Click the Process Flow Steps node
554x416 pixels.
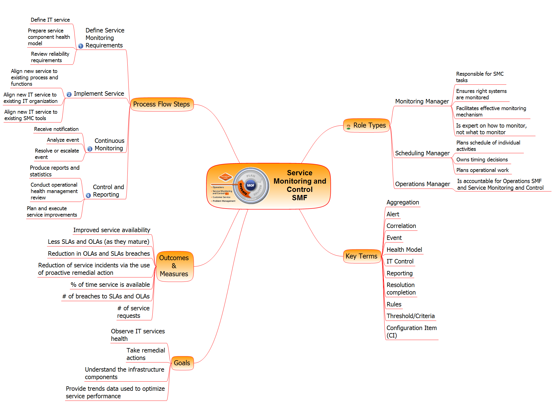point(162,104)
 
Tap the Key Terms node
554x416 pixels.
point(361,256)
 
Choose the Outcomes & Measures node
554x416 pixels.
point(174,266)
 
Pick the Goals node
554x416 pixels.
point(182,363)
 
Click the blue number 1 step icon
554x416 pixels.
point(81,46)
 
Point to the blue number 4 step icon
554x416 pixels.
point(88,195)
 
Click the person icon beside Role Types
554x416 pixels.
point(348,126)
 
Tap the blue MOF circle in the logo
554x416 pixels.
point(250,186)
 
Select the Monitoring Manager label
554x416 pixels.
point(422,102)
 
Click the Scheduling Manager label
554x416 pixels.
point(422,153)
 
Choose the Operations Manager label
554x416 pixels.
point(422,184)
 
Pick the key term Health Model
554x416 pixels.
point(404,250)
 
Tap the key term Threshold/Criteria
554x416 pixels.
point(411,316)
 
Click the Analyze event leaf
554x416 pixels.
point(63,140)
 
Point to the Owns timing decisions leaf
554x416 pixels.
point(482,160)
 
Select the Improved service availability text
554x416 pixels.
point(112,230)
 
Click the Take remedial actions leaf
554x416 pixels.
point(146,354)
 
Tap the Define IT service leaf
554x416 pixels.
point(50,20)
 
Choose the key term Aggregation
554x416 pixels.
point(402,202)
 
